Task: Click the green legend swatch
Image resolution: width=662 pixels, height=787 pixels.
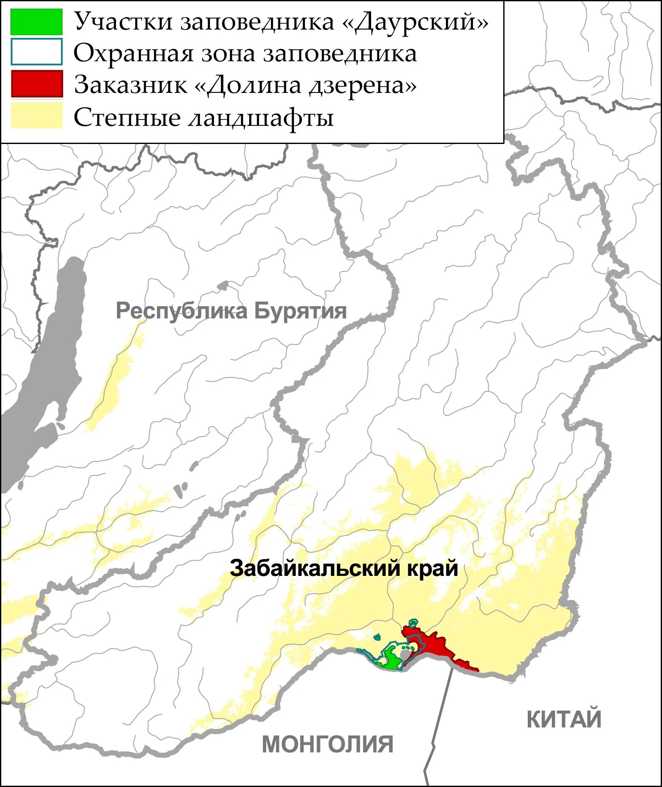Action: pos(36,22)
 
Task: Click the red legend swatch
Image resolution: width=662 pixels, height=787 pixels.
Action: pos(37,84)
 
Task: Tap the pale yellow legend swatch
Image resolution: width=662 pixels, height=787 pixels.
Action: pos(37,115)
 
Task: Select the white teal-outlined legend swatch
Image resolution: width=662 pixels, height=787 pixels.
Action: pos(37,52)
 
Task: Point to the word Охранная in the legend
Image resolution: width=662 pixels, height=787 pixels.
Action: pos(133,54)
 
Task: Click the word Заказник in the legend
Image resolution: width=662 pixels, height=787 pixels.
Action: pos(130,85)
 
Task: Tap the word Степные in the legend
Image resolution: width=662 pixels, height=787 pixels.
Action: pos(127,117)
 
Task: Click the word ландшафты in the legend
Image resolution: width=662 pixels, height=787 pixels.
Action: pos(260,117)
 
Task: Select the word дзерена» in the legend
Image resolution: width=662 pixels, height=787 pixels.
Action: pos(363,85)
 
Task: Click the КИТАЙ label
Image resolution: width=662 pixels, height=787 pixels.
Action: pos(564,719)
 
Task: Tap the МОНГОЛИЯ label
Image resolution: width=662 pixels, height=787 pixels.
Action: pos(328,744)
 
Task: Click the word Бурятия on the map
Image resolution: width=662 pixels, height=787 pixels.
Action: pos(300,311)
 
